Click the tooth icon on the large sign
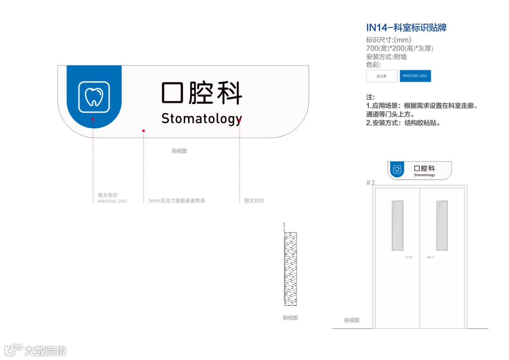click(x=94, y=97)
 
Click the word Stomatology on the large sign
click(x=202, y=119)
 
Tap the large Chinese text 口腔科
click(x=202, y=93)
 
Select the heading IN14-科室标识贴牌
click(x=406, y=27)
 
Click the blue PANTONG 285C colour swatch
click(x=415, y=76)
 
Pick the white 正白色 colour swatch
click(x=381, y=76)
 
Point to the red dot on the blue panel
click(x=93, y=120)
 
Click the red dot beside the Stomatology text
click(x=239, y=121)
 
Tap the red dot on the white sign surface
click(x=143, y=131)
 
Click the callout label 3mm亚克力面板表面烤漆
click(x=177, y=201)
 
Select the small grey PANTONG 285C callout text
click(x=113, y=201)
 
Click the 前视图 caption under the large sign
click(x=179, y=151)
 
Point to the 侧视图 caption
click(x=290, y=318)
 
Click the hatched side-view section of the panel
click(x=290, y=269)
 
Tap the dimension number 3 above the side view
click(x=284, y=225)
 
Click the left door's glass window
click(x=397, y=225)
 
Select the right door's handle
click(x=430, y=257)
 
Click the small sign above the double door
click(x=419, y=170)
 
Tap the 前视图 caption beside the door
click(x=352, y=320)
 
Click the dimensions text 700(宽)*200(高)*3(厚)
click(x=399, y=49)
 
